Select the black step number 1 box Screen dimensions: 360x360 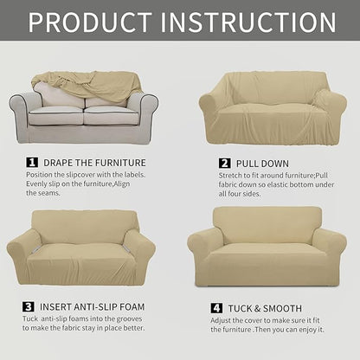(32, 161)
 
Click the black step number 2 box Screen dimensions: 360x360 (224, 162)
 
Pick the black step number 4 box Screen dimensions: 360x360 (216, 308)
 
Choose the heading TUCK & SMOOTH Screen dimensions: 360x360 (264, 308)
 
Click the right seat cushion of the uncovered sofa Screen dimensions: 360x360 (112, 116)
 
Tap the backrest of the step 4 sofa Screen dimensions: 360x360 (267, 223)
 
